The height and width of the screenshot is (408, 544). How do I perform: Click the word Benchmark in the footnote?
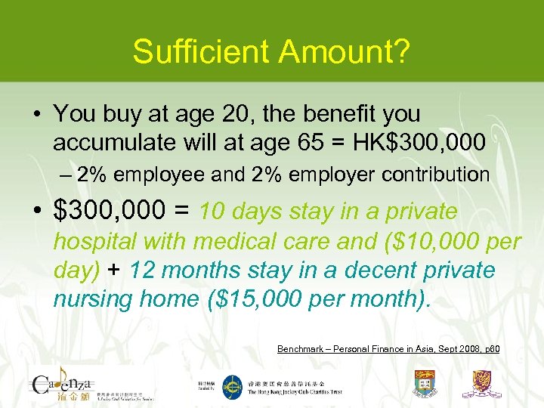coord(301,349)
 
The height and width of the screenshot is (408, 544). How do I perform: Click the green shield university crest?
coord(425,384)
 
